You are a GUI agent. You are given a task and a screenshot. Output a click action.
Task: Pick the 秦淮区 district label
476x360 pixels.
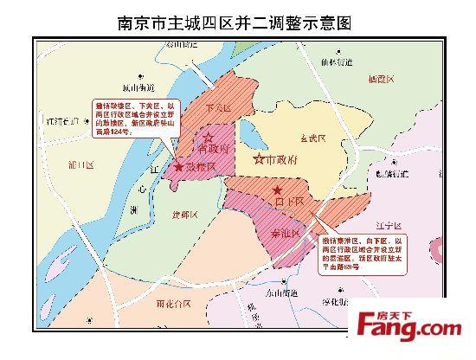click(x=286, y=233)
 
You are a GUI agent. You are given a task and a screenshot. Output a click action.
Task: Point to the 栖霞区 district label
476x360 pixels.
click(x=381, y=79)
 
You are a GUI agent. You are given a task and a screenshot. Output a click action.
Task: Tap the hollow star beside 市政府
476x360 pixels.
click(x=258, y=159)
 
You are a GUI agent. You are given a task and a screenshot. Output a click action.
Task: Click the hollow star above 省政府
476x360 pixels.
click(x=208, y=136)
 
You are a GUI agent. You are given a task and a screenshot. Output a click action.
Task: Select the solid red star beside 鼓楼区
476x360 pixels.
click(x=178, y=165)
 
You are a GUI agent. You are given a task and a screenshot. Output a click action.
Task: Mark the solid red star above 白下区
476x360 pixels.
click(x=277, y=190)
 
